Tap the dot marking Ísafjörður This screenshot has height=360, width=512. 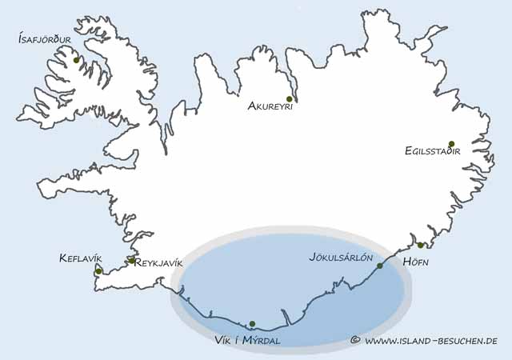(76, 60)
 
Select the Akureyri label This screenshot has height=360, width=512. (270, 106)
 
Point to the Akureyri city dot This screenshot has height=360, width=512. (289, 98)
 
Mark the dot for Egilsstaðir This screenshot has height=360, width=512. (451, 144)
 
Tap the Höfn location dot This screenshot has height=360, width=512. (421, 245)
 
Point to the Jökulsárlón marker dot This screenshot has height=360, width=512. (380, 265)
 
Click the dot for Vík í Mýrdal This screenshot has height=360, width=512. (252, 324)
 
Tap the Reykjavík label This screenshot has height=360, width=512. (160, 262)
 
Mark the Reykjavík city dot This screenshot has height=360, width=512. (131, 261)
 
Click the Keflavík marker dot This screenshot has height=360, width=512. (98, 272)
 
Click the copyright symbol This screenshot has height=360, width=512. (355, 341)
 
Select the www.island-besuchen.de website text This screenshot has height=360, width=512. (431, 341)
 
